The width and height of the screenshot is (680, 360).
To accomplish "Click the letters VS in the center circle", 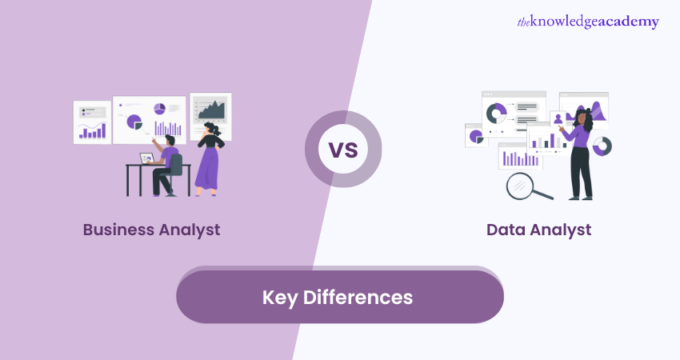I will (x=342, y=150).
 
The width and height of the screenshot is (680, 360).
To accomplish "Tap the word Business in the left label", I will (x=119, y=230).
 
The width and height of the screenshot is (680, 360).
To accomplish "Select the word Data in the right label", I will (x=506, y=230).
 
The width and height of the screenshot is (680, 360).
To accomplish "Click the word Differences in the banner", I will (x=359, y=298).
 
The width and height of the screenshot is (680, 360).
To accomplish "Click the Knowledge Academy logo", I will (x=587, y=22).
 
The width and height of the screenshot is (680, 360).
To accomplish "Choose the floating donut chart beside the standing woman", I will (x=602, y=146).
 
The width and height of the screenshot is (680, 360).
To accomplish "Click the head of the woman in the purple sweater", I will (x=582, y=119).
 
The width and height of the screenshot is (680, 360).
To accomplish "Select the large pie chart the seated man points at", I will (x=133, y=122).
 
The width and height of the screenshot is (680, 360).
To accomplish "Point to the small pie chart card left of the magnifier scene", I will (x=476, y=136).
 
